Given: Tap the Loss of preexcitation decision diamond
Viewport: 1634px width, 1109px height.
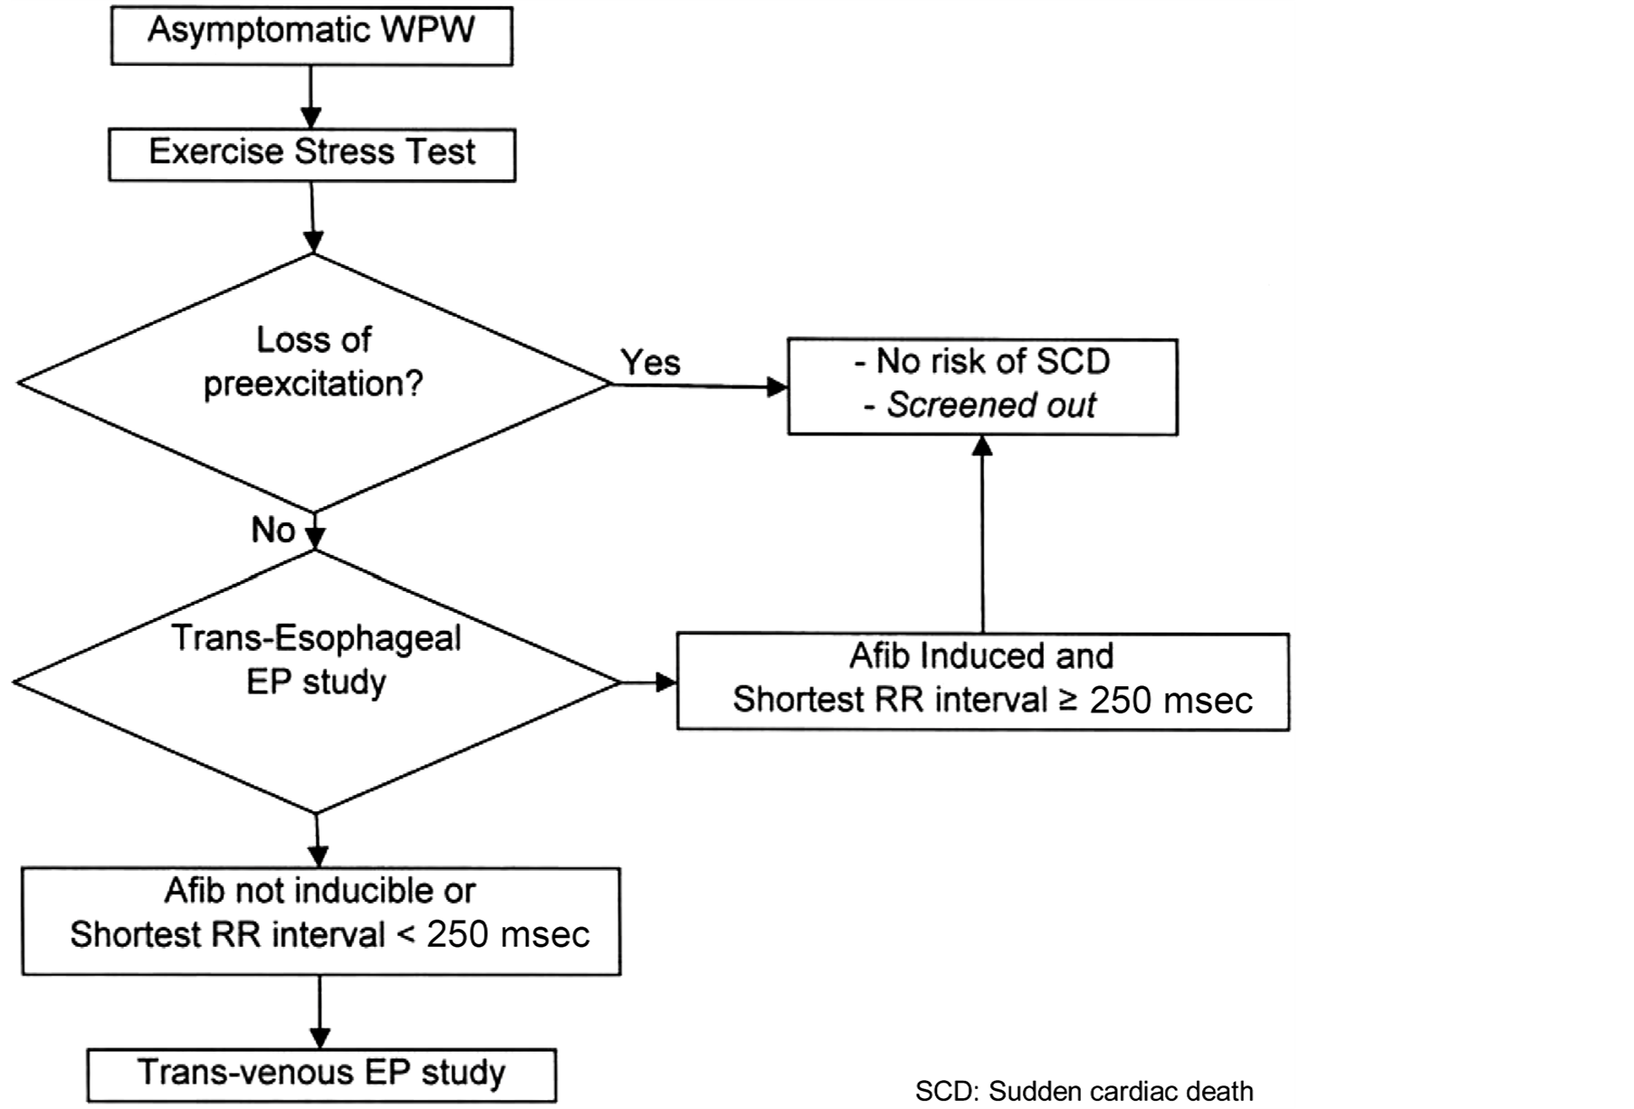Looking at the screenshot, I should [312, 382].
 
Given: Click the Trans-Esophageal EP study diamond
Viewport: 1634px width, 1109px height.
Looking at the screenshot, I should [315, 681].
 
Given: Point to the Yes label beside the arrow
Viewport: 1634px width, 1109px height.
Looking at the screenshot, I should [650, 362].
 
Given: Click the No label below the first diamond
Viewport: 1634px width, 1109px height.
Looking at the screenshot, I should [272, 530].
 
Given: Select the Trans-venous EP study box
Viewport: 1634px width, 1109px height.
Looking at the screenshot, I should [320, 1074].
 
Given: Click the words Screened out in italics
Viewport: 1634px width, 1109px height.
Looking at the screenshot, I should [991, 405].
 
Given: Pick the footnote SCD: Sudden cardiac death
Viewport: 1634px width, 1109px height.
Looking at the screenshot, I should [1084, 1091].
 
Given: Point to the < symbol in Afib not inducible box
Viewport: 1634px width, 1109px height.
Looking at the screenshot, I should [406, 933].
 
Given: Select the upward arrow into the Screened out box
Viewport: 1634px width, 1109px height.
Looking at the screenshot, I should [983, 534].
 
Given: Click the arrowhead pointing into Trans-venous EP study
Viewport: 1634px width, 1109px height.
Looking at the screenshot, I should [320, 1037].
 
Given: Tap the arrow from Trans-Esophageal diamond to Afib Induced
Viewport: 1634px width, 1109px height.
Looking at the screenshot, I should [648, 682].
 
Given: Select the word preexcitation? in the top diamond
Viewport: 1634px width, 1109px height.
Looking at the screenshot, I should [313, 384].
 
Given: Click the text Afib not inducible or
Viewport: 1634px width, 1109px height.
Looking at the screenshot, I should [320, 891].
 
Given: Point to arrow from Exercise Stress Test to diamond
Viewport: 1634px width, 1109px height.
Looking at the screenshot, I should [312, 217].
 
